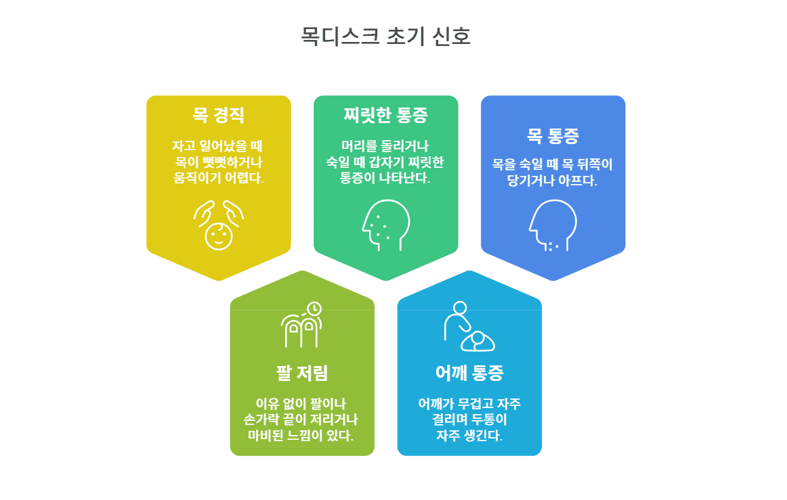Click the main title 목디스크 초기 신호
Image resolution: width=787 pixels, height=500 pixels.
385,37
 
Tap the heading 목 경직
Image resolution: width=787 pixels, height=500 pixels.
218,116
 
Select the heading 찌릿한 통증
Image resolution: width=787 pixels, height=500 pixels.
385,116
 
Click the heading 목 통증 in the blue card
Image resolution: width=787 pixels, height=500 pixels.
553,136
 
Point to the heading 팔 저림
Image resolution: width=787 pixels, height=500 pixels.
302,373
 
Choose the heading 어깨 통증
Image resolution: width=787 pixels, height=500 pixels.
469,373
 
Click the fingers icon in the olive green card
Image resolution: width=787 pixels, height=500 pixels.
301,325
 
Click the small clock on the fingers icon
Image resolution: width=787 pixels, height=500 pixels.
314,309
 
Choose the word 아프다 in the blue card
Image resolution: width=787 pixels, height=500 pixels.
578,181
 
